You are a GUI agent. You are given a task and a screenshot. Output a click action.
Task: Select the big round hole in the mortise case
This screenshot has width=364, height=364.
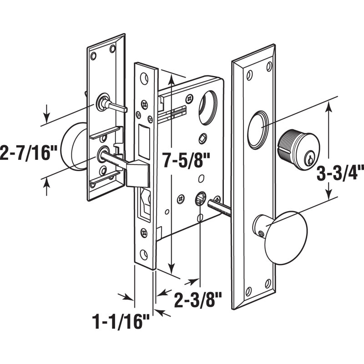click(x=208, y=108)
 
